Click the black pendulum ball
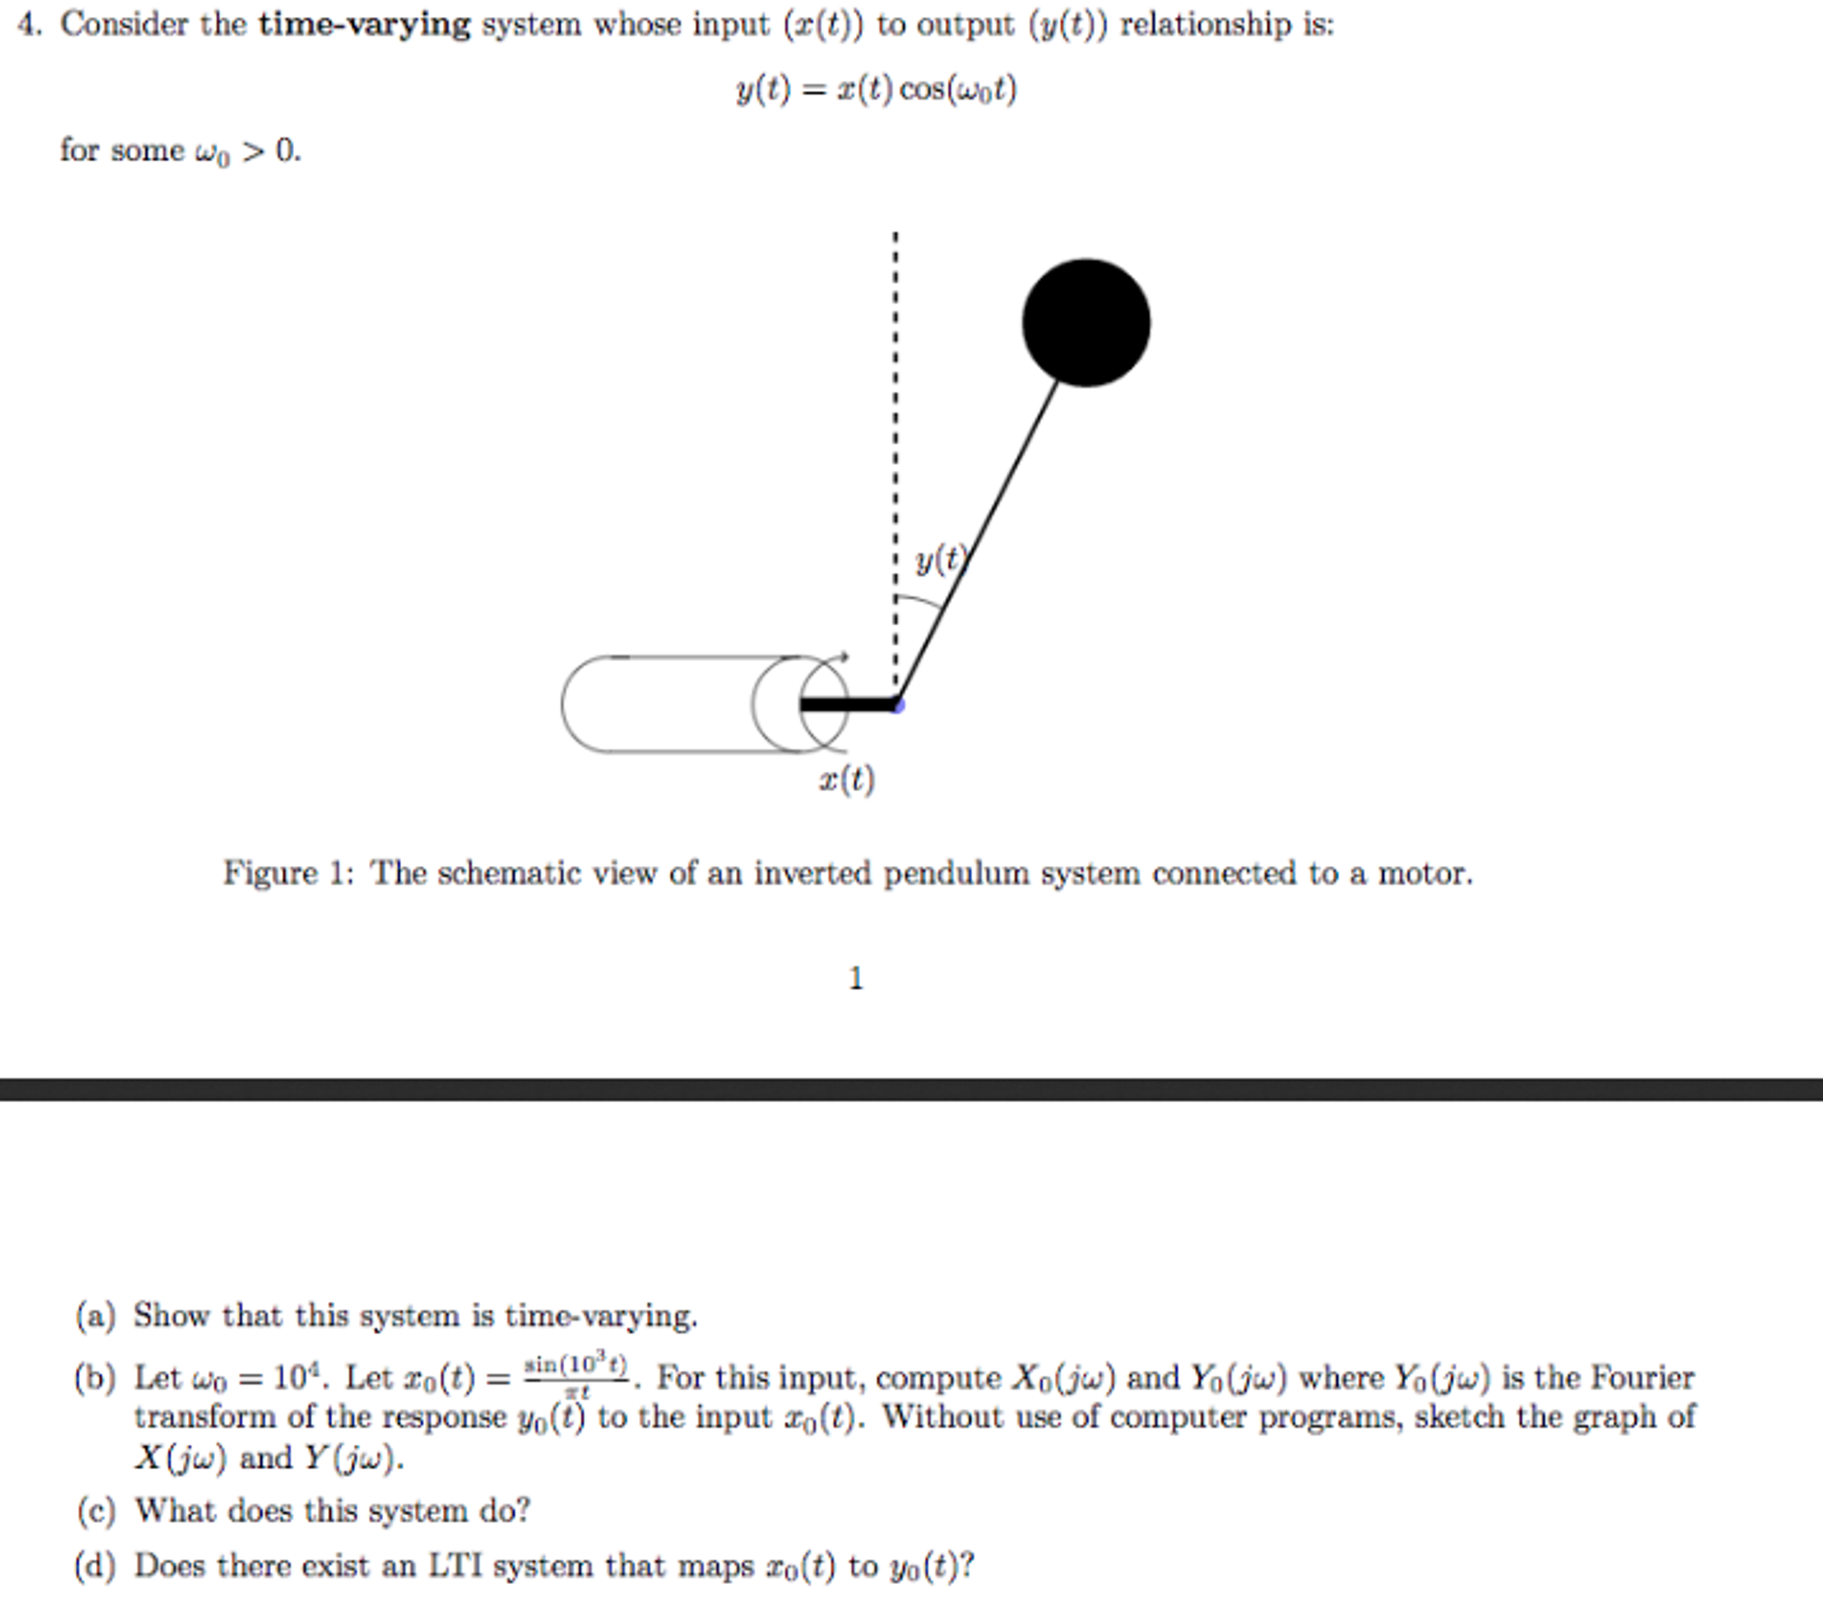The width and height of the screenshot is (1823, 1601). pos(1085,323)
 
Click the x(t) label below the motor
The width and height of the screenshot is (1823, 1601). pos(846,780)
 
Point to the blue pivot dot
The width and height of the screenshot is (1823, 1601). pos(897,706)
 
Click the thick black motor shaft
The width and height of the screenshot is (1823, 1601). pos(848,705)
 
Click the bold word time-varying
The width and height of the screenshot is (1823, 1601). pos(364,24)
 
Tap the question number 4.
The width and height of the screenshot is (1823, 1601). pos(29,24)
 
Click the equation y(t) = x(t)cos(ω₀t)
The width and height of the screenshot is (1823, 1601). pos(876,90)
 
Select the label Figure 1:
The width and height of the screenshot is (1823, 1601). pos(288,872)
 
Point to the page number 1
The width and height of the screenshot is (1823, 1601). pos(855,978)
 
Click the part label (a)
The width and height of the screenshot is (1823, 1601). pos(95,1316)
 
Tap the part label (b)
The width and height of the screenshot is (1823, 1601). pos(95,1378)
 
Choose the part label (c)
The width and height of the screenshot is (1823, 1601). pos(95,1510)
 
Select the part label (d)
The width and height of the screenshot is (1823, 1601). pos(95,1565)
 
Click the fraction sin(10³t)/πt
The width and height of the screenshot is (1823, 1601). pos(576,1376)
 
